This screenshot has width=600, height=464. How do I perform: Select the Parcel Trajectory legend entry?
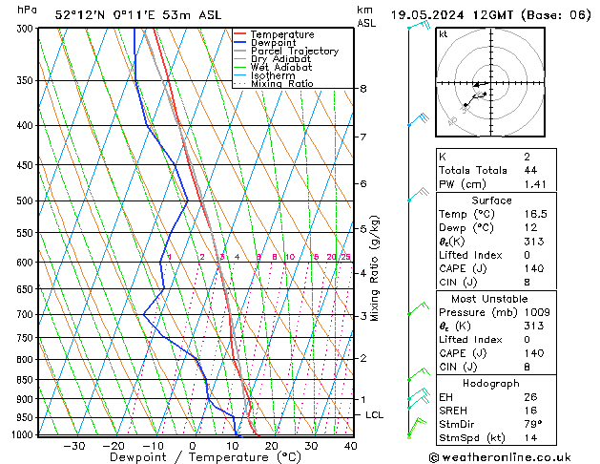click(294, 52)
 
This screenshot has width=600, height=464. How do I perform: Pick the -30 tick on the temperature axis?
click(73, 446)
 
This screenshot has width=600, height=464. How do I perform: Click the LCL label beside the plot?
click(375, 415)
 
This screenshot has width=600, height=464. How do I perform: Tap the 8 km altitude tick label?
click(362, 89)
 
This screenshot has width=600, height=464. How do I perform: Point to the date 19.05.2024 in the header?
click(424, 14)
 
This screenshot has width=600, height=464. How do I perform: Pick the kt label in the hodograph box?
click(443, 33)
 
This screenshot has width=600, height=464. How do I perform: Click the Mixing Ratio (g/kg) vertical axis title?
click(375, 268)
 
